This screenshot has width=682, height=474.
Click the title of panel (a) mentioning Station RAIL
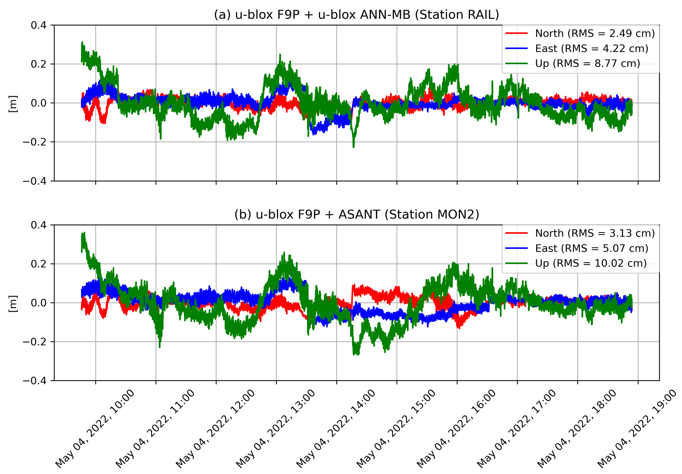tap(356, 14)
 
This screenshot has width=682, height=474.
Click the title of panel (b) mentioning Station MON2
tap(356, 214)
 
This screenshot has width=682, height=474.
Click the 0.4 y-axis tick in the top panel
tap(39, 25)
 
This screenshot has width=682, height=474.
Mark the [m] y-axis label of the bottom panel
tap(13, 304)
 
